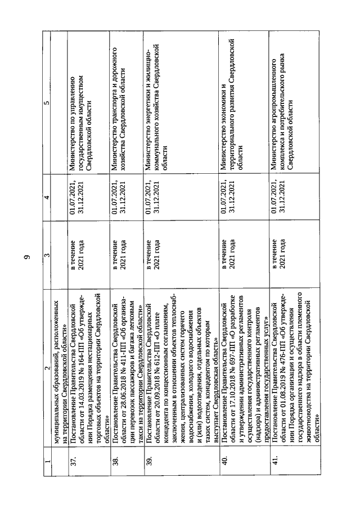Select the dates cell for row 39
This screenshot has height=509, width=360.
point(152,196)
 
